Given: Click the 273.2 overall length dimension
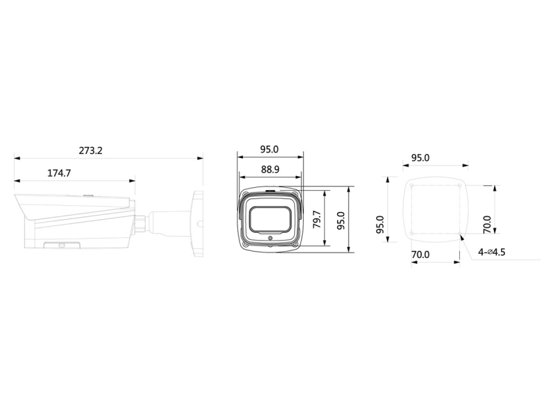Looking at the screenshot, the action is [x=90, y=150].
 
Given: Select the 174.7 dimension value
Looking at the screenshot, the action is [x=59, y=173].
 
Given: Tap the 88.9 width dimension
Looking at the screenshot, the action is [x=270, y=169].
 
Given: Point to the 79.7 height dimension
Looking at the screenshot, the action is [x=317, y=219].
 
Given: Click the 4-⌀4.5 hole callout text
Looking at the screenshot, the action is [x=492, y=252].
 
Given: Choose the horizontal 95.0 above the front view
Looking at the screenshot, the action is [x=269, y=149].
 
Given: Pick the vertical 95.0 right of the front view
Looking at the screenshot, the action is [x=341, y=220].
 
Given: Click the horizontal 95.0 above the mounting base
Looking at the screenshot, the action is [x=420, y=158].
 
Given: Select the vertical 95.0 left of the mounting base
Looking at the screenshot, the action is [x=380, y=224].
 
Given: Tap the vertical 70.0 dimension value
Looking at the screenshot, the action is [x=487, y=224].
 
